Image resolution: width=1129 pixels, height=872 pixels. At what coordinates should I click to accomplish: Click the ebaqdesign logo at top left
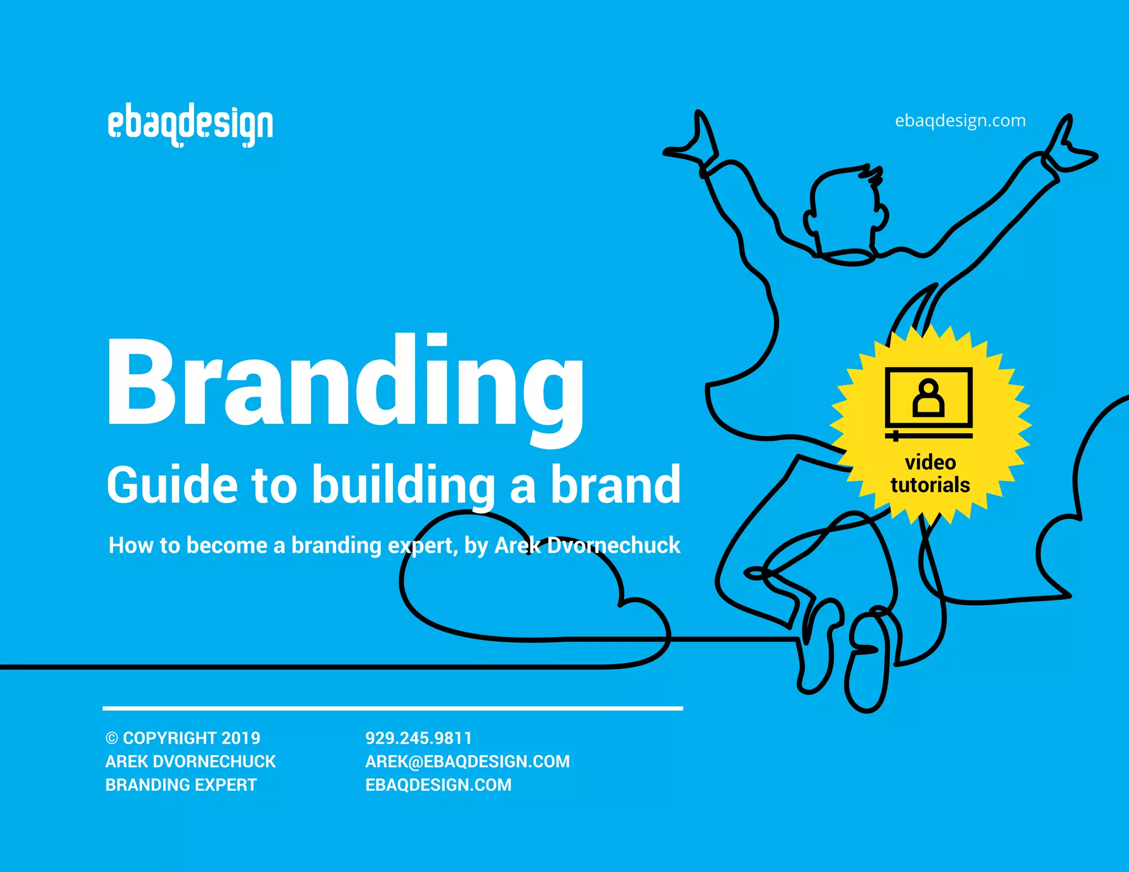click(190, 125)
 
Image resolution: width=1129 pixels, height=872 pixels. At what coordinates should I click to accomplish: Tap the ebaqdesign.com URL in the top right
click(960, 120)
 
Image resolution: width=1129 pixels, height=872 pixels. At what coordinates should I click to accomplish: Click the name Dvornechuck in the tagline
click(613, 545)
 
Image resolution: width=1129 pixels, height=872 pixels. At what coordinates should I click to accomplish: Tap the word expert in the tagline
click(421, 546)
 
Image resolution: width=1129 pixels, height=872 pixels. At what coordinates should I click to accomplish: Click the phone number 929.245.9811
click(418, 738)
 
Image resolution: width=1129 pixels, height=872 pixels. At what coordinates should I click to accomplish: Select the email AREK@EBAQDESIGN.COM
click(467, 761)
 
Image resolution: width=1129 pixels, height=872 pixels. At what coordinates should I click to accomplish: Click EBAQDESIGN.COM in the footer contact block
click(438, 784)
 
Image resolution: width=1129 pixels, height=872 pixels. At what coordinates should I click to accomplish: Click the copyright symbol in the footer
click(112, 739)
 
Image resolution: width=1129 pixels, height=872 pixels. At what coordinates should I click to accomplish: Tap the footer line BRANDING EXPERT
click(181, 784)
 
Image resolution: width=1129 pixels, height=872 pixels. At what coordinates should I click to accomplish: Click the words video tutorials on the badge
click(930, 473)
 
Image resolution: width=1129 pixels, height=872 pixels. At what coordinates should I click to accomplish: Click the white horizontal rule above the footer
click(393, 708)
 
